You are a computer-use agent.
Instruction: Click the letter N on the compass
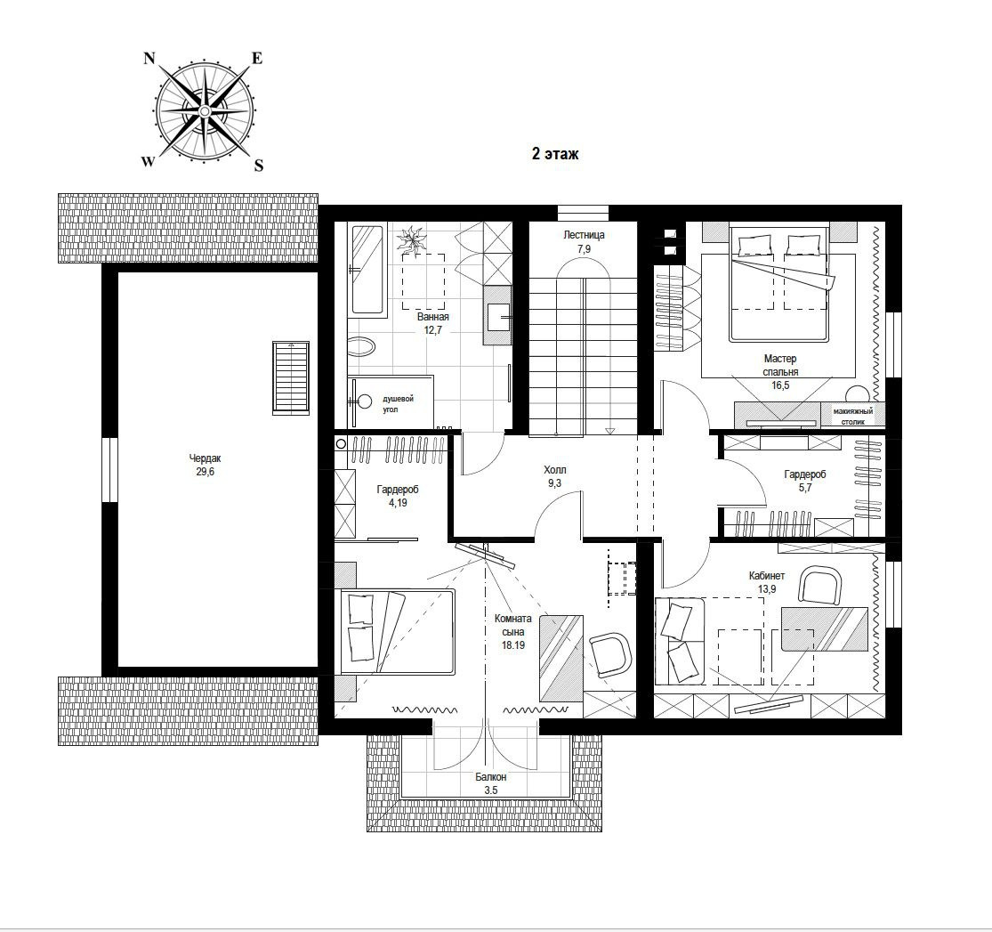[x=149, y=59]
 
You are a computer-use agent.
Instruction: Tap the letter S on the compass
[x=259, y=166]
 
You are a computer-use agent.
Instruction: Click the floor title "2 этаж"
[x=555, y=154]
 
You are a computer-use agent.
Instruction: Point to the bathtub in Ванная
[x=367, y=270]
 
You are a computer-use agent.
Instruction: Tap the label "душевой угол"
[x=398, y=404]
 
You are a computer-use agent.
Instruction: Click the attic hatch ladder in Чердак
[x=291, y=377]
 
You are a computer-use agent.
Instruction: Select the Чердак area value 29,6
[x=205, y=472]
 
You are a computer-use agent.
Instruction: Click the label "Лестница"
[x=584, y=235]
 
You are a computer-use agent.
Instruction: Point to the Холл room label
[x=555, y=470]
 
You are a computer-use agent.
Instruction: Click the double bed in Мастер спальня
[x=778, y=283]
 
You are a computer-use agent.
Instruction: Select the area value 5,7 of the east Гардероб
[x=805, y=488]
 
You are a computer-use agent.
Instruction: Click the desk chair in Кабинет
[x=820, y=587]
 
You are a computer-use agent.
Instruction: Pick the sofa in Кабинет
[x=680, y=641]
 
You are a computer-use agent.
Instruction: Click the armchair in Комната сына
[x=610, y=654]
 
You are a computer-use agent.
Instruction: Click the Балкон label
[x=491, y=777]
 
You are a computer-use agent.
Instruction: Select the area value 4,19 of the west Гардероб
[x=398, y=503]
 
